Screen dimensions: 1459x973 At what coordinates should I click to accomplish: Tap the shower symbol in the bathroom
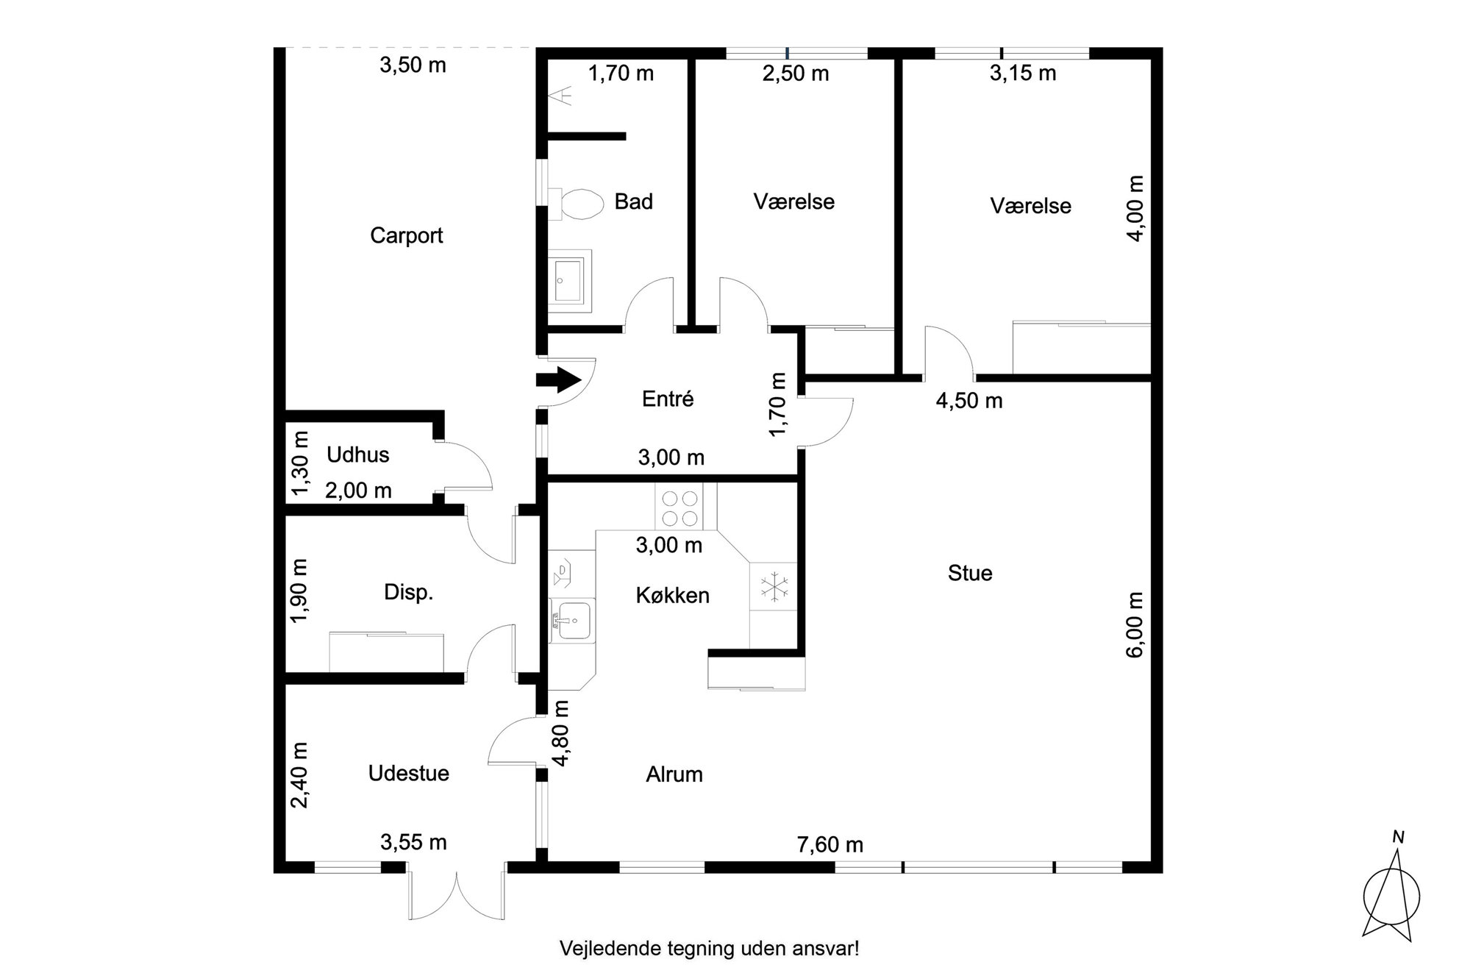(x=562, y=96)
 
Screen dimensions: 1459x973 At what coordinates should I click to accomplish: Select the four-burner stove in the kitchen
(x=679, y=507)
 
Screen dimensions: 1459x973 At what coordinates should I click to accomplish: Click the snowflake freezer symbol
(x=774, y=586)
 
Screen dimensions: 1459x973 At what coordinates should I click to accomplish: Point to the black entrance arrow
(x=559, y=380)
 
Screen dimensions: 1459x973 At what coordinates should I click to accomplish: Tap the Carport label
(x=406, y=235)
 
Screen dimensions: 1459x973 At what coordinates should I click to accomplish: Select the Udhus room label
(x=357, y=455)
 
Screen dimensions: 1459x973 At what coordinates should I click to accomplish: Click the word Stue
(x=970, y=573)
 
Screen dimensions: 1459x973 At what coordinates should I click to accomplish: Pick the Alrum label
(x=674, y=774)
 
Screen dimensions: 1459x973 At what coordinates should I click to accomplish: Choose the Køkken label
(x=673, y=595)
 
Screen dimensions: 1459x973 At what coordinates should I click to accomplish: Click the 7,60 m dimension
(x=830, y=844)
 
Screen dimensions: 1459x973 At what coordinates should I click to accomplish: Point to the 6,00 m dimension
(x=1135, y=624)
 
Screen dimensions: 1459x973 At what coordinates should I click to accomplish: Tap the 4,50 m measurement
(x=969, y=401)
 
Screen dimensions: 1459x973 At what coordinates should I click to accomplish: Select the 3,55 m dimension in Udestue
(x=413, y=841)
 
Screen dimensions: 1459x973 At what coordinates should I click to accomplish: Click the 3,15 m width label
(x=1023, y=73)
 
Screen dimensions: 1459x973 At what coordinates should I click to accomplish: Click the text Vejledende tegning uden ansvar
(x=709, y=948)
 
